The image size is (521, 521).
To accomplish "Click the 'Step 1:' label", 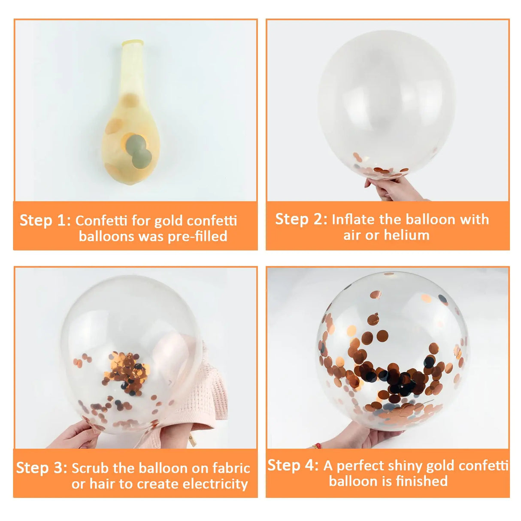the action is click(45, 220).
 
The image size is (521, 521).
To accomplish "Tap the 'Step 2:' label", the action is click(301, 219).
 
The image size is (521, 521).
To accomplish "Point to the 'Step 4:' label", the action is click(293, 466).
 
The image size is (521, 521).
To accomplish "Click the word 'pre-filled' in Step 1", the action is click(197, 236).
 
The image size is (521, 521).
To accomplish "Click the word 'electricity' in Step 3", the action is click(215, 484).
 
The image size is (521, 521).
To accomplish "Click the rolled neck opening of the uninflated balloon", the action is click(133, 43).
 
